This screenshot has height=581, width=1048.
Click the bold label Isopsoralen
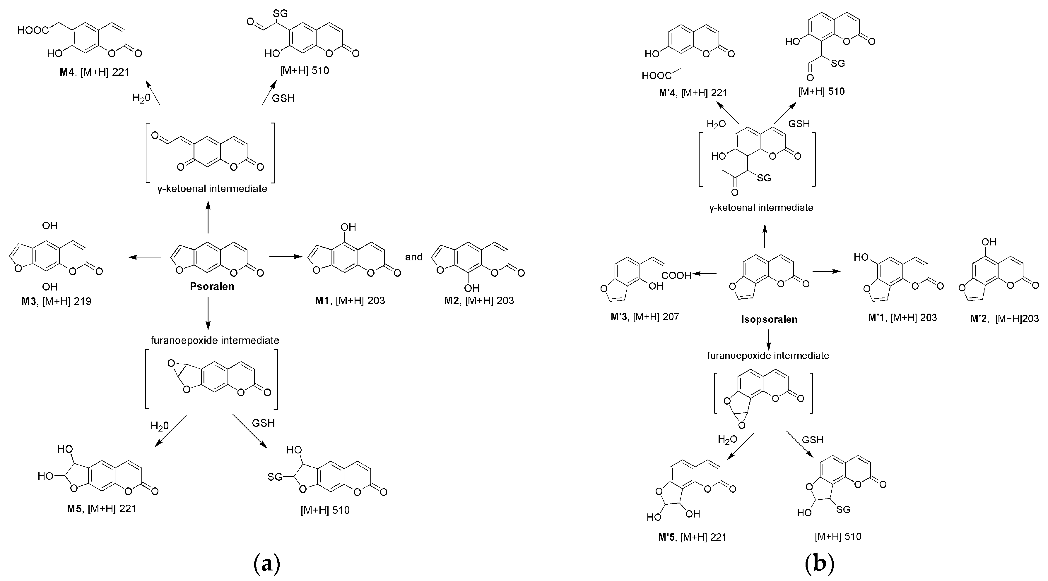(x=769, y=319)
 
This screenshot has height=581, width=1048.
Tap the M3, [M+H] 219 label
(x=57, y=301)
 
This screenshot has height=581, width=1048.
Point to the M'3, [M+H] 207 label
(x=644, y=317)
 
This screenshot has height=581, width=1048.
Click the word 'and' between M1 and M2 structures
(x=413, y=257)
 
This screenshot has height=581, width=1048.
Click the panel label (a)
(x=266, y=564)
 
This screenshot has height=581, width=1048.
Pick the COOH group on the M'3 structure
(x=676, y=275)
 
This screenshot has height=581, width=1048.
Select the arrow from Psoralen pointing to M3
(x=145, y=257)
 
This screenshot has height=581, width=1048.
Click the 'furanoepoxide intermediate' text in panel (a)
(x=215, y=340)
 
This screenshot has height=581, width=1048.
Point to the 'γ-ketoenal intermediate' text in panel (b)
(x=761, y=208)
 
